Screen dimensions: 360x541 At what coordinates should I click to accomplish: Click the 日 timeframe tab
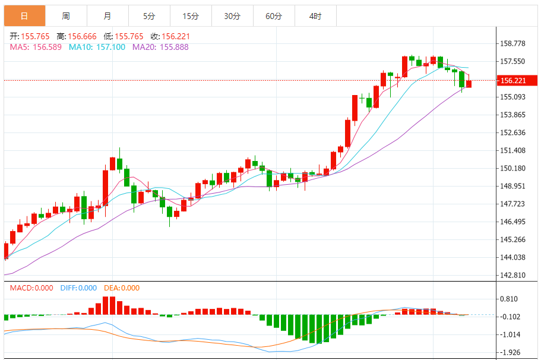point(24,16)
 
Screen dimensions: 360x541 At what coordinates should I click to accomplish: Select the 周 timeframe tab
point(65,16)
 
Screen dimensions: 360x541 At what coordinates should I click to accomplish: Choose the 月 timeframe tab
point(107,16)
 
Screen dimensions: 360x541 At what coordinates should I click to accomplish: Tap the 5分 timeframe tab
point(148,16)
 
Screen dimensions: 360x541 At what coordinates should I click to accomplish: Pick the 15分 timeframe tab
point(190,16)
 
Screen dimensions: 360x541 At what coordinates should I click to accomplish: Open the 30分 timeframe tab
point(232,16)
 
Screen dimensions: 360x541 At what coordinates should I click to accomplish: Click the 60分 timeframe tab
point(274,16)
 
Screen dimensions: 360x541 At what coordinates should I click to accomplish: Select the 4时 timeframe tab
point(315,16)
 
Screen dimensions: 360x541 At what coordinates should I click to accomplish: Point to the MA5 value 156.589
point(48,47)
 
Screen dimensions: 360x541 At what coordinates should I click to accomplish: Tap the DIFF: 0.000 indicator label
point(78,288)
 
